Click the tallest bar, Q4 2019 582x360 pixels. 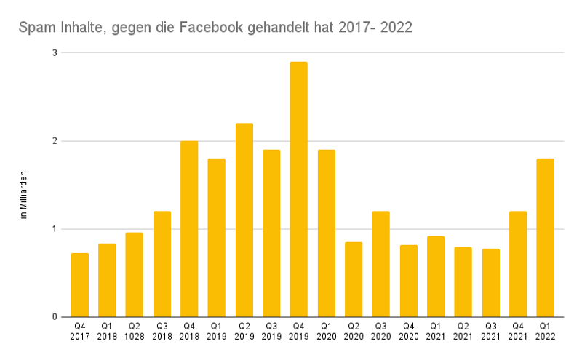tap(298, 189)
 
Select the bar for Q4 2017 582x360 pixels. tap(80, 285)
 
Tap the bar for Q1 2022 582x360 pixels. tap(545, 238)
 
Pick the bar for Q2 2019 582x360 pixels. tap(244, 220)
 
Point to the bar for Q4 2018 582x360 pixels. tap(189, 229)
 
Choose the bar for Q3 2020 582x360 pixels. tap(380, 264)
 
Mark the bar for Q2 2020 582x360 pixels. tap(354, 279)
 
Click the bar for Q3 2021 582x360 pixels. tap(490, 283)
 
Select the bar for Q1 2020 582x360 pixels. tap(326, 233)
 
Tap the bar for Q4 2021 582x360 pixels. tap(517, 264)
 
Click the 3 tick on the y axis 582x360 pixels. tap(54, 53)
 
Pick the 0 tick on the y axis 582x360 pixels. tap(54, 317)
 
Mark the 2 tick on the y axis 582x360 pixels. tap(54, 141)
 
